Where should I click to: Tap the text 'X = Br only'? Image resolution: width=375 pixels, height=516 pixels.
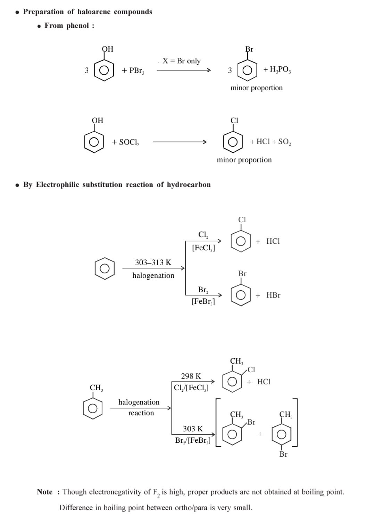182,61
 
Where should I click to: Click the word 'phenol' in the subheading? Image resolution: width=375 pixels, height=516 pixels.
77,26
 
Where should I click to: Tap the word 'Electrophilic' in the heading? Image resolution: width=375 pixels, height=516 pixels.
57,184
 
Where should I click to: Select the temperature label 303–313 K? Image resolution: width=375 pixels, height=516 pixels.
153,263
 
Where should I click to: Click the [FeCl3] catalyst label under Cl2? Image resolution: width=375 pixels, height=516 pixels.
203,248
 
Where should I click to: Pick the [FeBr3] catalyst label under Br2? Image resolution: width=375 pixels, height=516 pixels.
203,301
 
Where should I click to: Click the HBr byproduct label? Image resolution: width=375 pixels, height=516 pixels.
273,295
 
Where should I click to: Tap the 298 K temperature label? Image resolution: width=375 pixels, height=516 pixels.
191,376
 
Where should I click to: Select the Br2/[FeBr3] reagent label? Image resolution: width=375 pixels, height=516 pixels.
193,441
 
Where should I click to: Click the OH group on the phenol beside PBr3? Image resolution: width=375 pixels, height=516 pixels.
108,49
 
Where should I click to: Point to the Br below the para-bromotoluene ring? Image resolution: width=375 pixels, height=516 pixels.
283,454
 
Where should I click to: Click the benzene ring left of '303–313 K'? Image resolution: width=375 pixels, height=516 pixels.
105,268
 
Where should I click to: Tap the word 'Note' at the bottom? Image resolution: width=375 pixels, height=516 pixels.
45,492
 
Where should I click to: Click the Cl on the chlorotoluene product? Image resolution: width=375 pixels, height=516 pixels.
251,369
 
